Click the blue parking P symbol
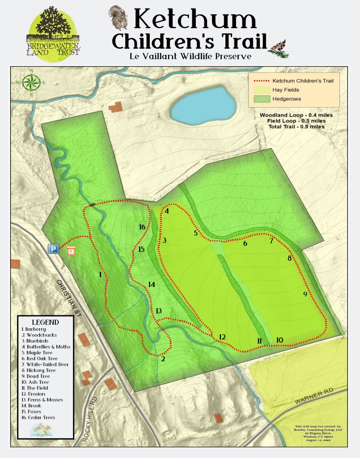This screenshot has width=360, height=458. tap(54, 249)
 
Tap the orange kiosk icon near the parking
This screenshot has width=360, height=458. tap(70, 252)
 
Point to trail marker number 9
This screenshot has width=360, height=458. tap(305, 294)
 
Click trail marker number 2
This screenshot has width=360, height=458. tap(163, 359)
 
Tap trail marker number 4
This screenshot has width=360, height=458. tap(167, 212)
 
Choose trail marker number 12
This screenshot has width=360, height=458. tap(222, 337)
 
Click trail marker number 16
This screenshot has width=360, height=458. tap(142, 227)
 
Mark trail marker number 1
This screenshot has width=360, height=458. tap(101, 275)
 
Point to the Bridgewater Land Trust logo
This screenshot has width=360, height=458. tap(53, 32)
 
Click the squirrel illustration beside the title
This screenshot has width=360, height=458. tap(119, 17)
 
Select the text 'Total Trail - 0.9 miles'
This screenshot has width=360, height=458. tap(296, 127)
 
